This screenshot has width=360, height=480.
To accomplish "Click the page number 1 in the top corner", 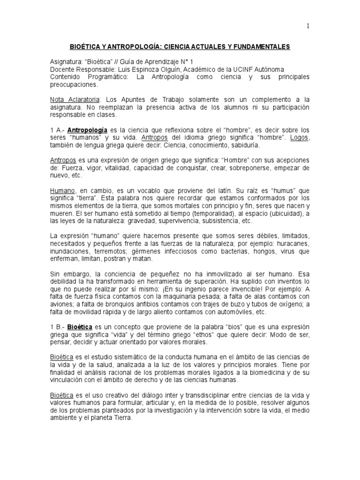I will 308,26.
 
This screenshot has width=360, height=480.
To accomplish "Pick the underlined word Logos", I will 300,137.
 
